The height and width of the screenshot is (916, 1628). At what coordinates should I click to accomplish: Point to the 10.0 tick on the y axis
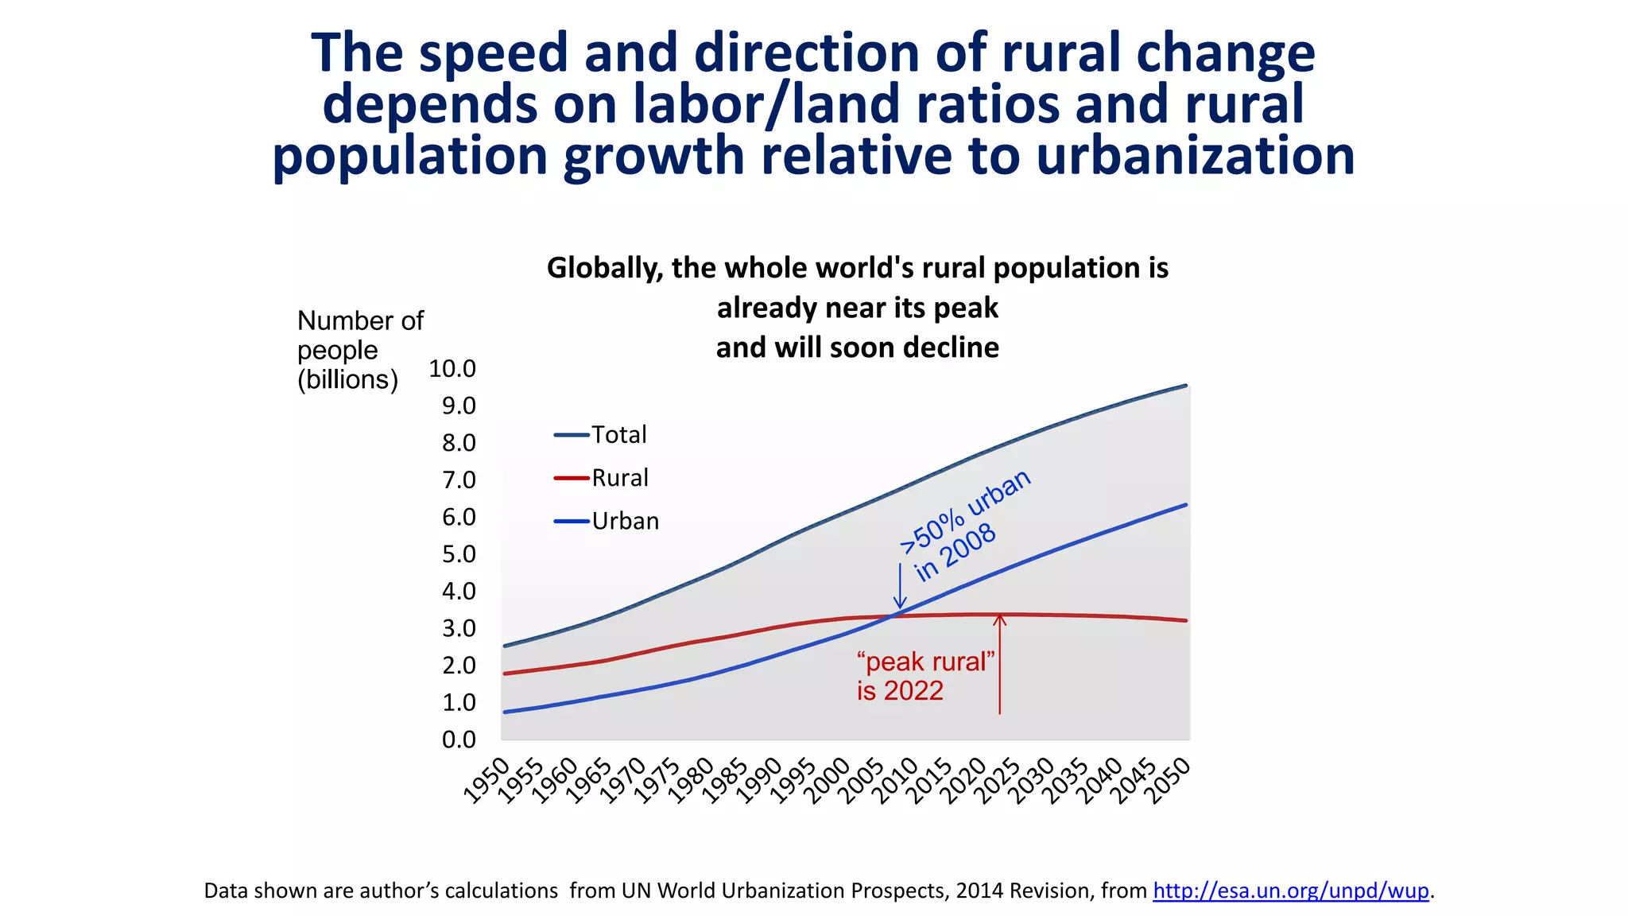click(x=452, y=369)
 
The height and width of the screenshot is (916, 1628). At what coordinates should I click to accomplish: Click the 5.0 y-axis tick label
click(x=459, y=554)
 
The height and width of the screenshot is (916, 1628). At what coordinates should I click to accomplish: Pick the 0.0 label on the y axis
click(x=459, y=740)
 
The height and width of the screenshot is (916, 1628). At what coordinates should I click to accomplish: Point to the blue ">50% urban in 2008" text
click(x=963, y=526)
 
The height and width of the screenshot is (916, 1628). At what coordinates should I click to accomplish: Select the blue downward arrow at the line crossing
click(x=900, y=586)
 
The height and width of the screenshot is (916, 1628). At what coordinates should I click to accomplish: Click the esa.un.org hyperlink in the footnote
click(x=1291, y=891)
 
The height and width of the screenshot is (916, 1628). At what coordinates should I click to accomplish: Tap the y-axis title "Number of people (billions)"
click(x=359, y=350)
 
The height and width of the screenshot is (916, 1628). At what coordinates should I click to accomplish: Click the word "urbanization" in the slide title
click(x=1195, y=155)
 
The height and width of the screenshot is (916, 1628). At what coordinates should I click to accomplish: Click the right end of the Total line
click(x=1185, y=386)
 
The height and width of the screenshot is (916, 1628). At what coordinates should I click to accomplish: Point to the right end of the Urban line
click(x=1185, y=505)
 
